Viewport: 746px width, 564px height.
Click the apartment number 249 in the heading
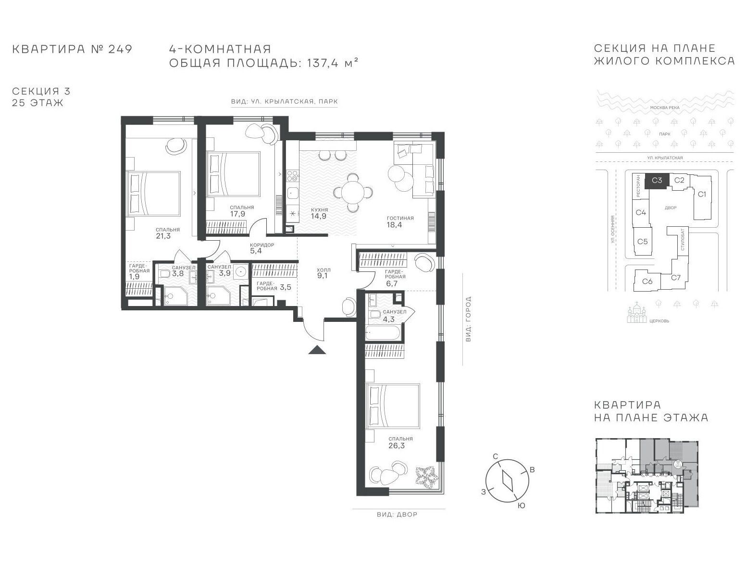(x=120, y=49)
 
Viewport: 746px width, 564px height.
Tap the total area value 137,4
(x=323, y=63)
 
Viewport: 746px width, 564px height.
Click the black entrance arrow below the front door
(x=317, y=350)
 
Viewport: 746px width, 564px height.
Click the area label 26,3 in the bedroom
(x=397, y=445)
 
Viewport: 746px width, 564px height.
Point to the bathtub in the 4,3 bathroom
(x=382, y=332)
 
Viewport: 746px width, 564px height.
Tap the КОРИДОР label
(x=261, y=245)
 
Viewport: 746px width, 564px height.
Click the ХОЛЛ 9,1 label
(x=323, y=273)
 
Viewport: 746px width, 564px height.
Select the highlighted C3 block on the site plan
(x=657, y=180)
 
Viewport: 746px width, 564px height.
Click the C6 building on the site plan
(x=647, y=281)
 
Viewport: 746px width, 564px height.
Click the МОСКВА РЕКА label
(x=664, y=108)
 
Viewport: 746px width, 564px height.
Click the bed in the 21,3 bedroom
(x=153, y=193)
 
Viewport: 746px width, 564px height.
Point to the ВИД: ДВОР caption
(x=397, y=515)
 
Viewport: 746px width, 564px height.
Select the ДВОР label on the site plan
(x=671, y=208)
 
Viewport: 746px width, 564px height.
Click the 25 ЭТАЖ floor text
(x=37, y=102)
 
